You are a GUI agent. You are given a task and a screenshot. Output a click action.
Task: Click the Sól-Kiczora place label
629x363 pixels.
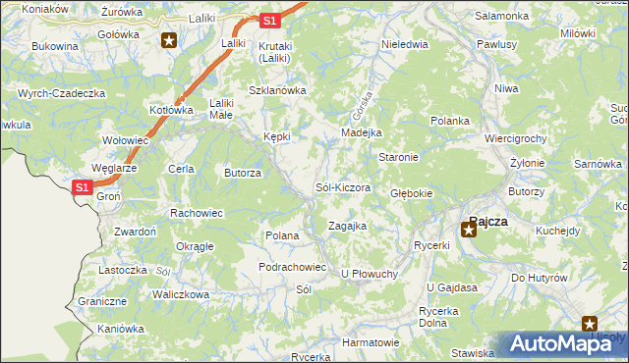point(342,186)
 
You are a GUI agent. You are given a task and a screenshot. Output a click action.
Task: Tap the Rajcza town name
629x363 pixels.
point(488,221)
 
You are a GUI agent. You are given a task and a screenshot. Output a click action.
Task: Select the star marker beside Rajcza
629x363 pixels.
point(469,231)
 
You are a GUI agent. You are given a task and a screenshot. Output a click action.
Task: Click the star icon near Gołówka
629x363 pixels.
point(169,40)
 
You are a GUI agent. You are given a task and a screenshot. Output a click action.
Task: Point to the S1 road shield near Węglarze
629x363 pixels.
point(83,186)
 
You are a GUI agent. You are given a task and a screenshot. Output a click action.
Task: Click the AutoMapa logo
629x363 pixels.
point(560,343)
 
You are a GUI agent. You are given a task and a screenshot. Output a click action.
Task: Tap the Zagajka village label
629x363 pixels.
point(347,226)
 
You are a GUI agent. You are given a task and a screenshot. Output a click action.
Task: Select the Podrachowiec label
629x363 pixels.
point(292,267)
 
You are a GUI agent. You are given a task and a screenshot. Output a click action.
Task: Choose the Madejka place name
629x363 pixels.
point(361,132)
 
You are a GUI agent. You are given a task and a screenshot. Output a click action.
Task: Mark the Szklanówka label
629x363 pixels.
point(278,90)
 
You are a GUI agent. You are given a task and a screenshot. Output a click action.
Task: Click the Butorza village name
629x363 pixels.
point(243,173)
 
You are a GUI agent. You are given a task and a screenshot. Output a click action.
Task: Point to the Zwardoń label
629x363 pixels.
point(136,232)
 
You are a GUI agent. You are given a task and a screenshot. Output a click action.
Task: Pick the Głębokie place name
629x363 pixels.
point(412,193)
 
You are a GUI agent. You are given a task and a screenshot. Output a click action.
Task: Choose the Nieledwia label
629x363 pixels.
point(404,44)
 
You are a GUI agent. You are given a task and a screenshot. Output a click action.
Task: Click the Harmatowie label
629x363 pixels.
point(371,342)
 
